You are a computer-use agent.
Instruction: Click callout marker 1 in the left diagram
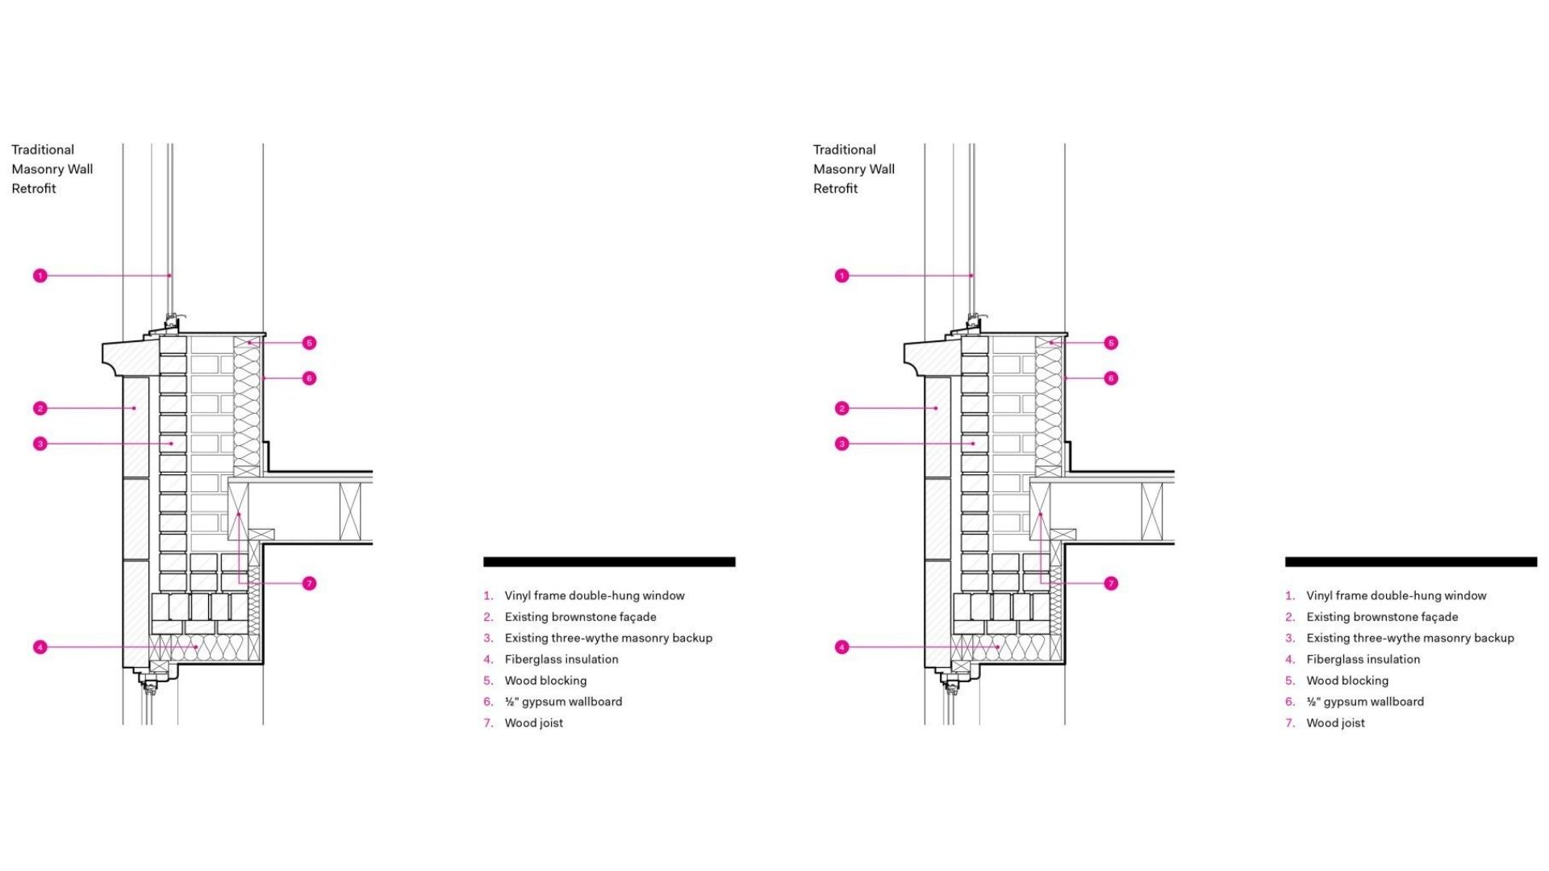pyautogui.click(x=40, y=276)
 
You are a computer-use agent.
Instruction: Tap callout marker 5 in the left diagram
pyautogui.click(x=309, y=343)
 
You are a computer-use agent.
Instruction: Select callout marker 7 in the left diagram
pyautogui.click(x=309, y=583)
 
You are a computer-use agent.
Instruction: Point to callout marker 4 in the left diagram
pyautogui.click(x=40, y=647)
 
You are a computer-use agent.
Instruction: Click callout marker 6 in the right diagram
pyautogui.click(x=1111, y=378)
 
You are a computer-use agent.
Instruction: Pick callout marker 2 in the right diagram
pyautogui.click(x=842, y=408)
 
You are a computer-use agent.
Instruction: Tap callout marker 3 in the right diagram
pyautogui.click(x=842, y=444)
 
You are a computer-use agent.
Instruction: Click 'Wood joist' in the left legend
pyautogui.click(x=534, y=723)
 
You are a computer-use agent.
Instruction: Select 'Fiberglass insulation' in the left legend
pyautogui.click(x=562, y=660)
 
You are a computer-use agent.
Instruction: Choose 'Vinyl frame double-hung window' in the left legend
pyautogui.click(x=595, y=596)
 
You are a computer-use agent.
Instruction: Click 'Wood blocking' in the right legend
pyautogui.click(x=1347, y=681)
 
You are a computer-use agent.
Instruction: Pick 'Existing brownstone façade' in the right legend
pyautogui.click(x=1382, y=617)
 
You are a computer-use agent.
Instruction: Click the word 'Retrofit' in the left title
pyautogui.click(x=34, y=189)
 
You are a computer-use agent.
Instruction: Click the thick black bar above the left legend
pyautogui.click(x=609, y=562)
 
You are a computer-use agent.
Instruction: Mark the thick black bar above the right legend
pyautogui.click(x=1411, y=562)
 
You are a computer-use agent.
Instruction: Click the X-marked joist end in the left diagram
pyautogui.click(x=350, y=511)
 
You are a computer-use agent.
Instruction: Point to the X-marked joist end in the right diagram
pyautogui.click(x=1152, y=511)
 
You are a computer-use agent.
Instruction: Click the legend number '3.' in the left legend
pyautogui.click(x=488, y=639)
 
